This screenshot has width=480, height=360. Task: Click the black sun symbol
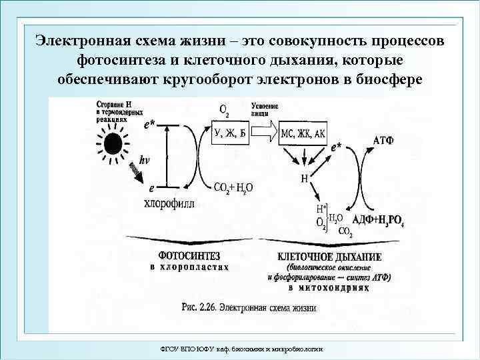111,143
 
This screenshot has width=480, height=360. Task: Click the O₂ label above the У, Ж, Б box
224,109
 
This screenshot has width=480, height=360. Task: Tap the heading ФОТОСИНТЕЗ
190,256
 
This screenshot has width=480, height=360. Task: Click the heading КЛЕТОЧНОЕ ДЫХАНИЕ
329,257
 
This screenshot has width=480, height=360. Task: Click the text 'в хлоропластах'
189,267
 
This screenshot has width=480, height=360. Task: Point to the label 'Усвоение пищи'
265,110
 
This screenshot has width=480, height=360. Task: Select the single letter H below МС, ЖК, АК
304,179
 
